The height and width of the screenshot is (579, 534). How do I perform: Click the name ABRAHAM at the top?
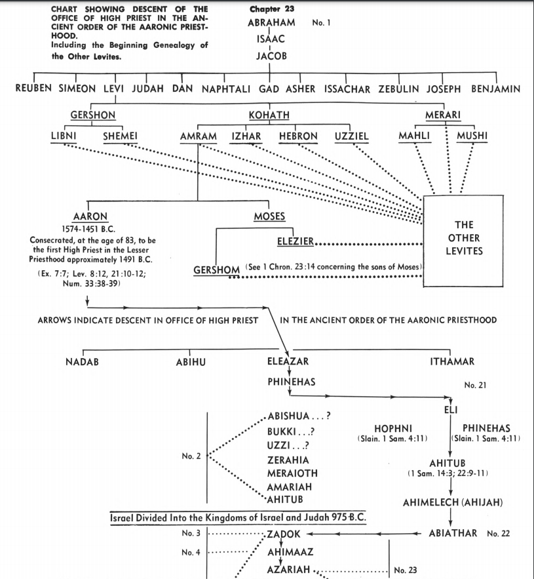click(x=271, y=23)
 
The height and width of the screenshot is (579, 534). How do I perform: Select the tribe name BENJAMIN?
click(x=495, y=89)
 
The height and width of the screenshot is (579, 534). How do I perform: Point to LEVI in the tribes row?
click(x=115, y=89)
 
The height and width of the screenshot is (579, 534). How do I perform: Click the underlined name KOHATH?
click(x=269, y=115)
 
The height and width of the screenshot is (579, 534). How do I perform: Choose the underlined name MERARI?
click(x=442, y=115)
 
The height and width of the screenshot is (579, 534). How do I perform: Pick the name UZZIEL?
click(x=352, y=136)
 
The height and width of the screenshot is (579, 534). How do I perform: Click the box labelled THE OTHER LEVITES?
click(x=464, y=238)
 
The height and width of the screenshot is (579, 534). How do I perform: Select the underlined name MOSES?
click(x=269, y=217)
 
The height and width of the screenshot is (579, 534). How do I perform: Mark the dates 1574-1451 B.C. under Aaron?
click(x=88, y=229)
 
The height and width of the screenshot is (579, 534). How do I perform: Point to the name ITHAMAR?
click(x=452, y=362)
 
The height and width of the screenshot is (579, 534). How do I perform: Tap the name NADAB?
click(x=83, y=362)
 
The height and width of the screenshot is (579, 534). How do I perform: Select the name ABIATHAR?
click(x=452, y=533)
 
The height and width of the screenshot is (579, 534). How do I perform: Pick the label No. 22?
click(x=498, y=534)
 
